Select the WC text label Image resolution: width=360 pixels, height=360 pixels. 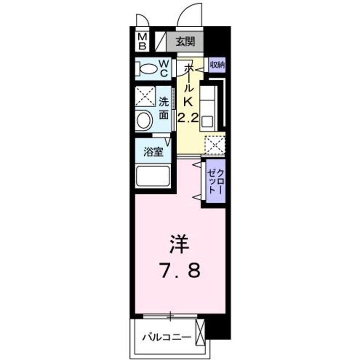coord(164,67)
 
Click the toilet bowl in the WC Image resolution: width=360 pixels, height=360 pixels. coord(147,68)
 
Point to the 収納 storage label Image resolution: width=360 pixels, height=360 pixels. coord(217,65)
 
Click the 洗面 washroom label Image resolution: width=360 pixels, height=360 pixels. coord(164,108)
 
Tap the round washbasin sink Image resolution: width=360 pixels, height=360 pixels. coord(145,120)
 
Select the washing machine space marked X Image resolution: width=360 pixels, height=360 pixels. coord(145,97)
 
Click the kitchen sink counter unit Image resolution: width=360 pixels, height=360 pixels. coord(209,108)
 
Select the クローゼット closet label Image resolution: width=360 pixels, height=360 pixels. coord(215,181)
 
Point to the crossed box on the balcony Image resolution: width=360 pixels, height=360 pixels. coord(200,334)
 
